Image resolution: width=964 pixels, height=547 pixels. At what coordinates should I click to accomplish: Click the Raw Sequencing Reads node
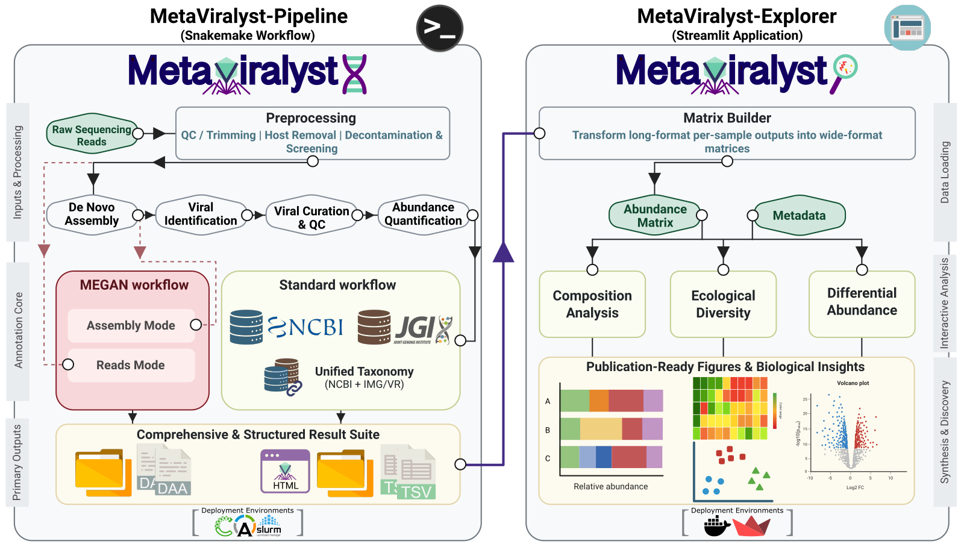(x=92, y=135)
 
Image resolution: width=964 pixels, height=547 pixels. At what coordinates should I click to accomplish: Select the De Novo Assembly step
(x=92, y=214)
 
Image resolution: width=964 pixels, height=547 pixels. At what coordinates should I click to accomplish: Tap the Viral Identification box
(x=201, y=214)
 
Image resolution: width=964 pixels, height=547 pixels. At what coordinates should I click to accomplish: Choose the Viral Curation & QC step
(x=311, y=217)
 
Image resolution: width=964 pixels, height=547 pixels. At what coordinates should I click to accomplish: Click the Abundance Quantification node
(x=423, y=214)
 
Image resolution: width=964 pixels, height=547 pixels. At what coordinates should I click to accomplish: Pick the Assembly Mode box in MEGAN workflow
(x=131, y=325)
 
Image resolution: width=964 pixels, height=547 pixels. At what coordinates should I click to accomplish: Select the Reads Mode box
(x=131, y=365)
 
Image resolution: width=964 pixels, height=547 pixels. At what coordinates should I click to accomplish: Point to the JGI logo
(x=416, y=328)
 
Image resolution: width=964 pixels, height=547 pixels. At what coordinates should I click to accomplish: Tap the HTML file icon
(x=285, y=471)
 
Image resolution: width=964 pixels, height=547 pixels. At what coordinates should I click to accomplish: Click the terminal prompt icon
(x=440, y=28)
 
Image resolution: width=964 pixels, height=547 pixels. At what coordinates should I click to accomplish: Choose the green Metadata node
(x=799, y=215)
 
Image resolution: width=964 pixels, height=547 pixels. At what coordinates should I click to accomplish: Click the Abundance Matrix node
(x=655, y=215)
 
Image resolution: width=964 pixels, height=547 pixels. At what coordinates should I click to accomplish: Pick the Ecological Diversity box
(x=723, y=304)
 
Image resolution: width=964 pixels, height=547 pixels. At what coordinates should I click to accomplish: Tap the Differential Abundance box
(x=862, y=302)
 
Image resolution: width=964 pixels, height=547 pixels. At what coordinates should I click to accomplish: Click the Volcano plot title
(x=853, y=383)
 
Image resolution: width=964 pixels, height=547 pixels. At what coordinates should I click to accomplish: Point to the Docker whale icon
(x=716, y=527)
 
